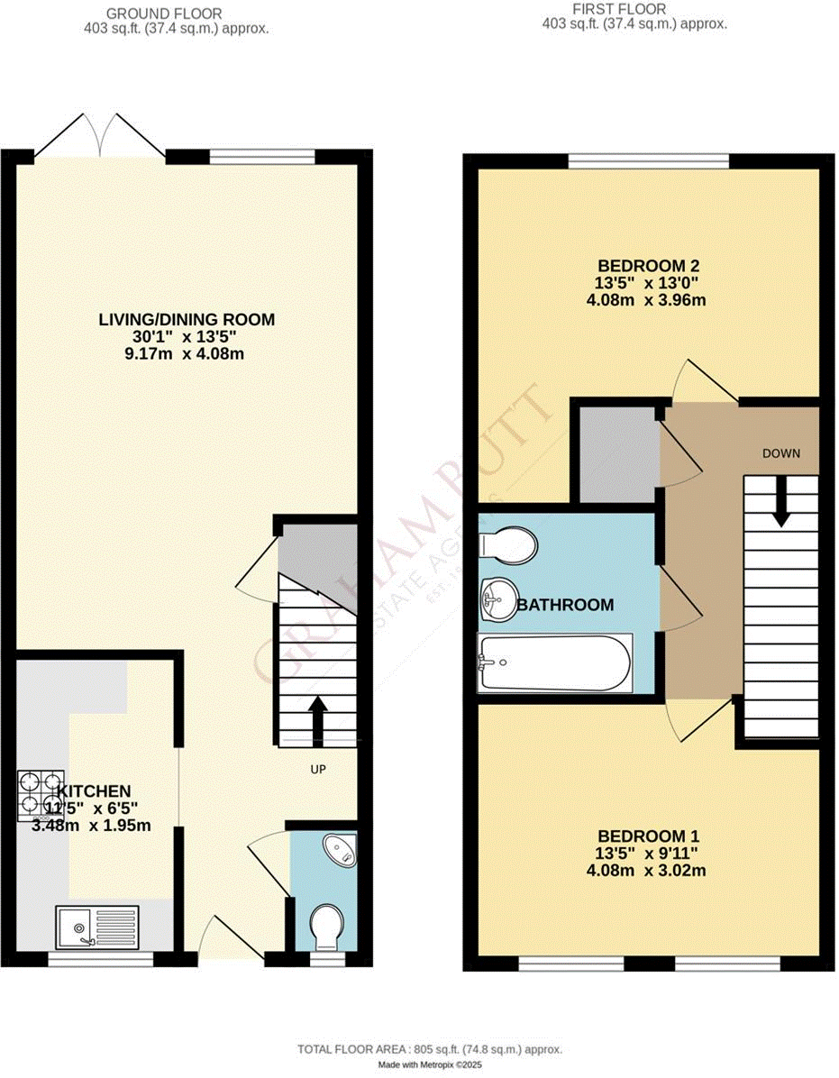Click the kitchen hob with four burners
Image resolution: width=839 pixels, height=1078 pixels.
pyautogui.click(x=41, y=794)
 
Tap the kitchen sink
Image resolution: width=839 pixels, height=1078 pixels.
pyautogui.click(x=98, y=926)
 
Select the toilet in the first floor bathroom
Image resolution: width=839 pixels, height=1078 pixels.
pyautogui.click(x=509, y=544)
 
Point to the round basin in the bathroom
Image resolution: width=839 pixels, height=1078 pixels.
pyautogui.click(x=497, y=598)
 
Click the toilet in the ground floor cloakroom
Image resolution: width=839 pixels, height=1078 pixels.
pyautogui.click(x=324, y=926)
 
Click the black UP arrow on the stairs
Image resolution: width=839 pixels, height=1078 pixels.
pyautogui.click(x=317, y=720)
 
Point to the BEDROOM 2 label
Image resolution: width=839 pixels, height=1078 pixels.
pyautogui.click(x=649, y=266)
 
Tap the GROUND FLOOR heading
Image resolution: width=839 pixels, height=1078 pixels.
pyautogui.click(x=163, y=14)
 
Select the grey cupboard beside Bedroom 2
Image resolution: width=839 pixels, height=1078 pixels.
pyautogui.click(x=617, y=453)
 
